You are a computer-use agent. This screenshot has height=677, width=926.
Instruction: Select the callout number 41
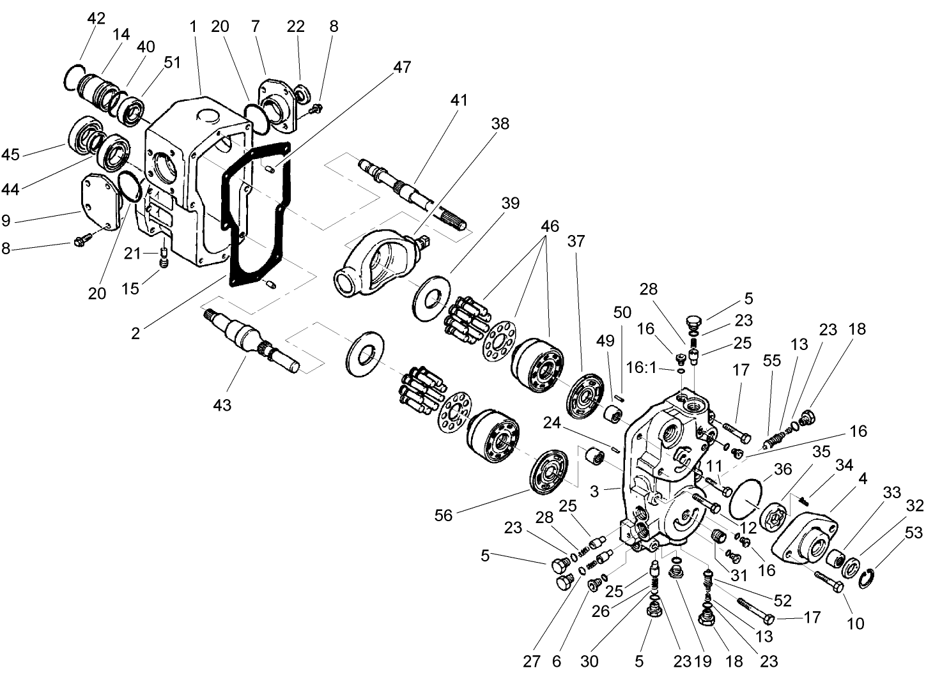coord(459,100)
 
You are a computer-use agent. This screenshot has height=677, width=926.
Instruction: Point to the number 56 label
coord(443,515)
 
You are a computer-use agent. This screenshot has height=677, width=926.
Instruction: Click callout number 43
coord(222,404)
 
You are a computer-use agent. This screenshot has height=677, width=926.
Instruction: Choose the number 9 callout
coord(6,220)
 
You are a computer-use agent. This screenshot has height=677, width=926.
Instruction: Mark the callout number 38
coord(500,123)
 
